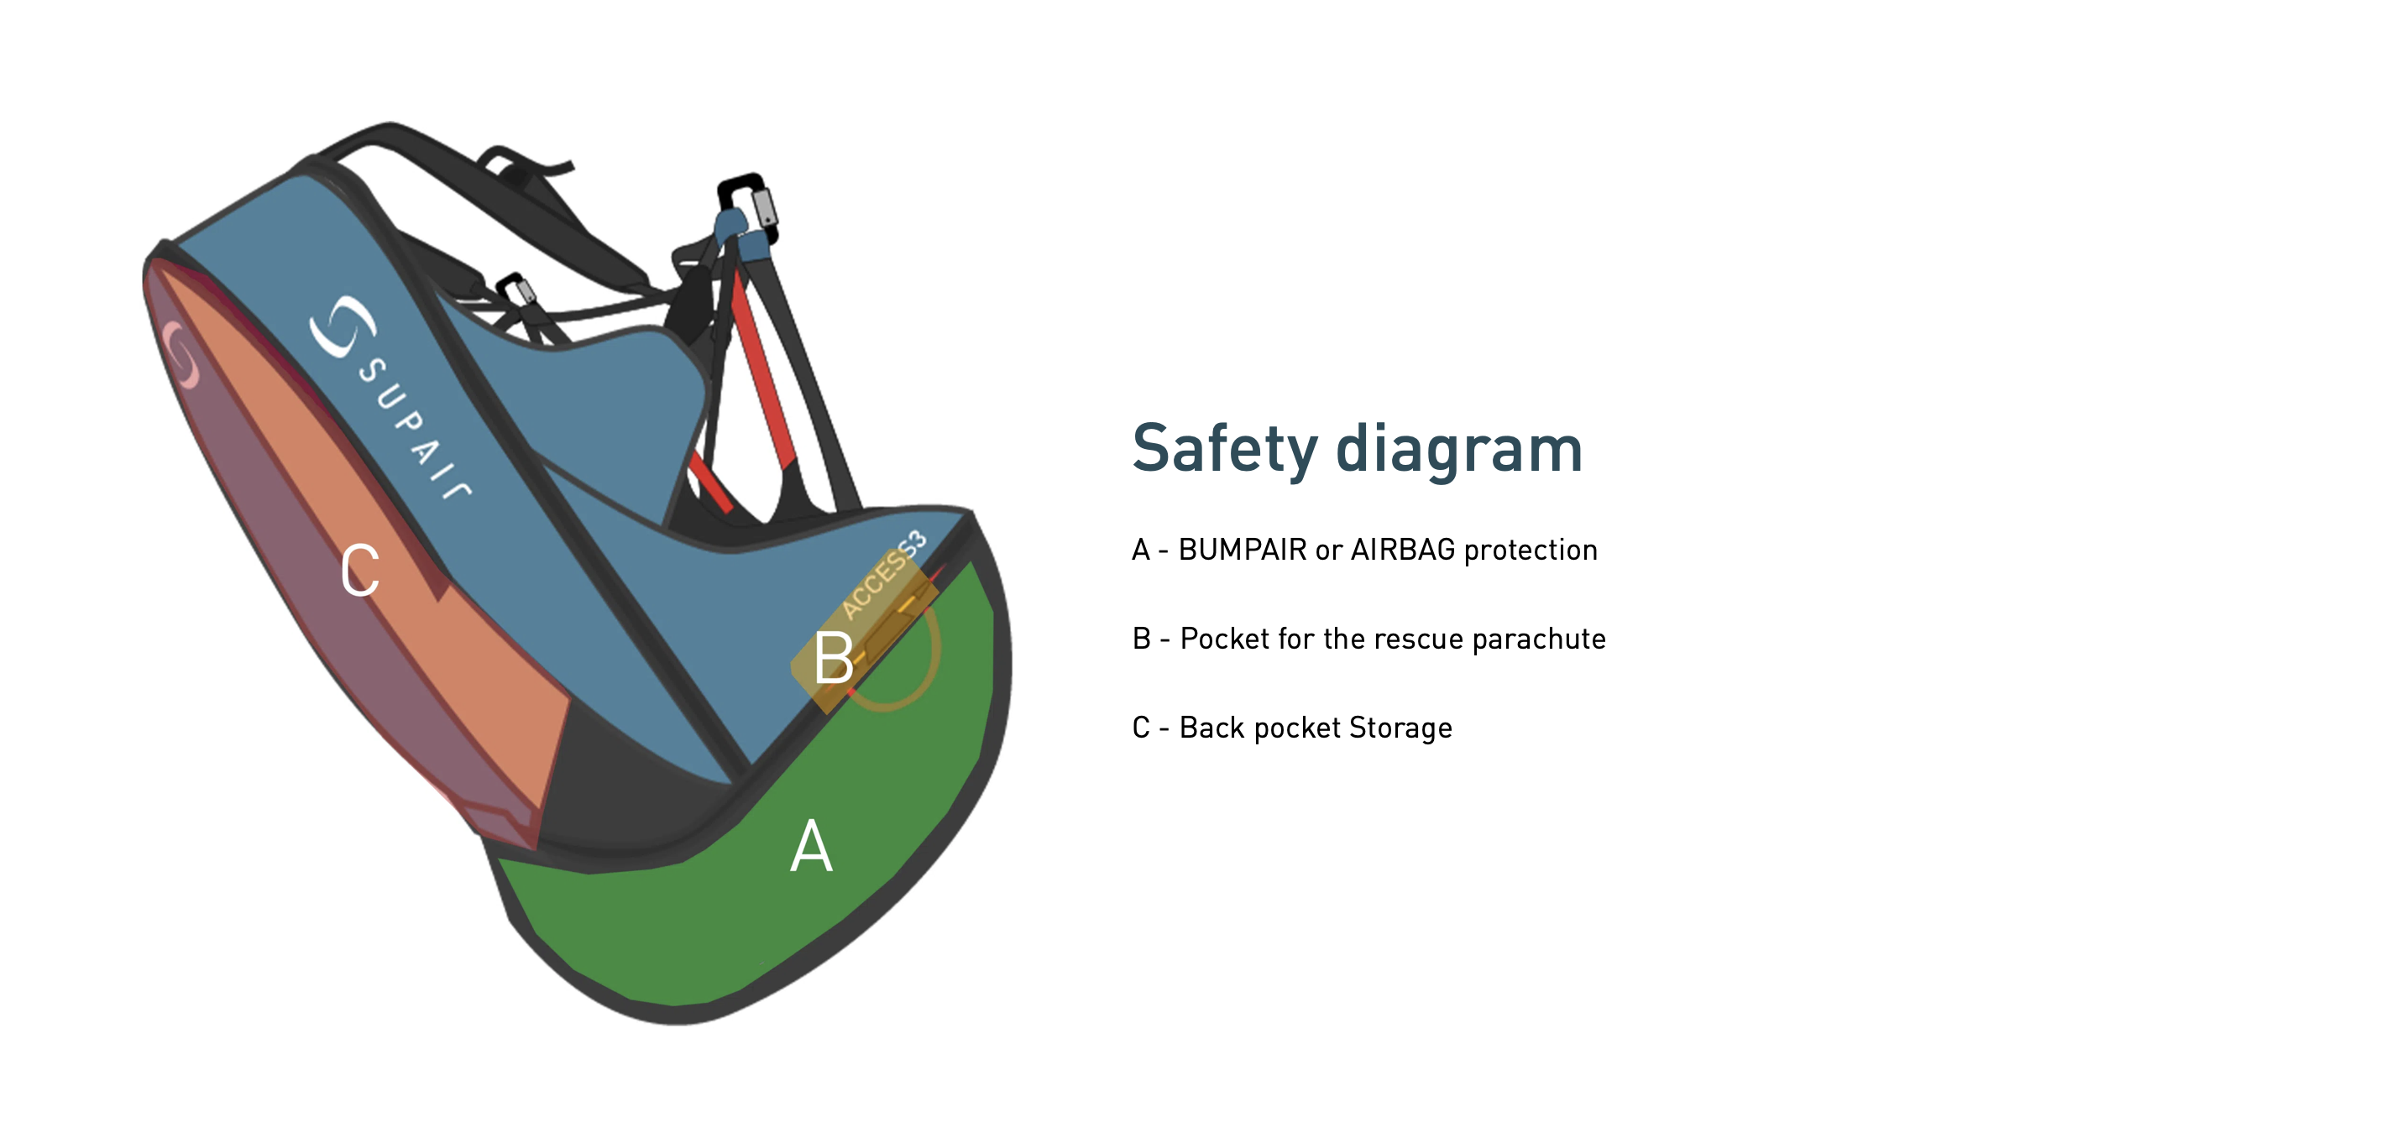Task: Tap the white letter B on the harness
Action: click(x=833, y=658)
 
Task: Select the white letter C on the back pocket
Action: click(x=359, y=570)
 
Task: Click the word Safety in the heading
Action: click(x=1225, y=450)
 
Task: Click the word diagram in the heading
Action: click(x=1459, y=448)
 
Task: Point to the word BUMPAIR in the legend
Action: click(x=1243, y=550)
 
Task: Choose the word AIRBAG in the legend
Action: click(x=1403, y=550)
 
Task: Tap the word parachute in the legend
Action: click(x=1539, y=639)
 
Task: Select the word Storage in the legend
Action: click(x=1400, y=729)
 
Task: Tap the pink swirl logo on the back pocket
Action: click(x=182, y=354)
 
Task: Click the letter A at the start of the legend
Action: click(x=1141, y=550)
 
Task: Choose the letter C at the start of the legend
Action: click(x=1142, y=728)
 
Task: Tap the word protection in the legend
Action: click(x=1531, y=551)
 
